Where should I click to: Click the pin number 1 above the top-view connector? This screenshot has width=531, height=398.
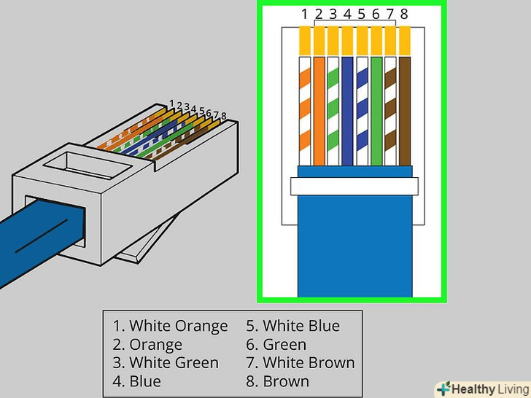click(305, 14)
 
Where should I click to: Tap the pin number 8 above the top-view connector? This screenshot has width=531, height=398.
click(404, 14)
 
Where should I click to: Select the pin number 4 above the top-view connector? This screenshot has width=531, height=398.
click(347, 14)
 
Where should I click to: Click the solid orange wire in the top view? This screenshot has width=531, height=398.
click(319, 109)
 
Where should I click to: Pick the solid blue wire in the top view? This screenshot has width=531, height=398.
click(348, 109)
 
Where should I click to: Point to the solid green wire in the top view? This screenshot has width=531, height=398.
click(376, 109)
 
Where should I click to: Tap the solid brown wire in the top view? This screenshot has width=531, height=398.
click(404, 109)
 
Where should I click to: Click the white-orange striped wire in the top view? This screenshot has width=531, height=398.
click(306, 109)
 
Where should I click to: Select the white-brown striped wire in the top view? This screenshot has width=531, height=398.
click(390, 109)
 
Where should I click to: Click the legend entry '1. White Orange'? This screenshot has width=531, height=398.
click(170, 326)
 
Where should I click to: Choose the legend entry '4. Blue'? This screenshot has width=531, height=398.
click(137, 381)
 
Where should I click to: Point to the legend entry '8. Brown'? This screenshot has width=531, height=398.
click(278, 381)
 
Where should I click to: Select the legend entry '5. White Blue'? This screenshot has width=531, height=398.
click(292, 326)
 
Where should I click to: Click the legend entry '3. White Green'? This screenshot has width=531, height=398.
click(166, 362)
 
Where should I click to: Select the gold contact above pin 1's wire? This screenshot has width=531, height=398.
click(306, 40)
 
